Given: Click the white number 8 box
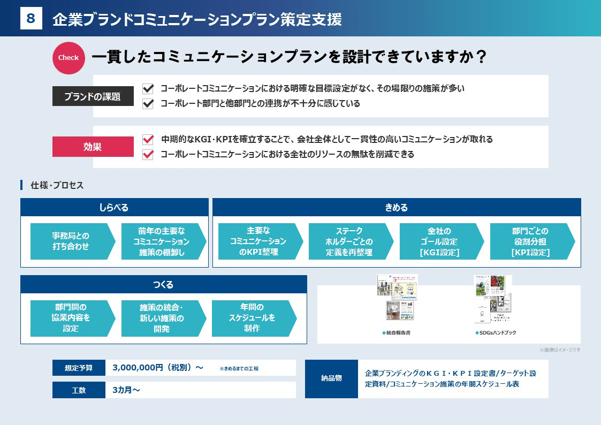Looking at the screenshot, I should (31, 19).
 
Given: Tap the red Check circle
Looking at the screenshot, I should (69, 58).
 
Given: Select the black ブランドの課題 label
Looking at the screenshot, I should (93, 97).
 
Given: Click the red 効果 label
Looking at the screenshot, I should (93, 147).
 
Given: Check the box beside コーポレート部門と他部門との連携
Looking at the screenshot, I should (148, 103).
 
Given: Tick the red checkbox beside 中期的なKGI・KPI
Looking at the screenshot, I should (148, 139).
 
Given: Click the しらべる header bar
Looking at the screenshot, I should (114, 207).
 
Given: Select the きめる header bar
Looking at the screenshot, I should (397, 207).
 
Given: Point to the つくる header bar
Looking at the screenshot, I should (163, 284).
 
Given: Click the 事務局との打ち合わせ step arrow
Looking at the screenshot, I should (71, 241).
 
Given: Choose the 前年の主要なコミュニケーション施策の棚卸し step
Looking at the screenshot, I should (162, 241).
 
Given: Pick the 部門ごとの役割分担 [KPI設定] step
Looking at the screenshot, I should (530, 241).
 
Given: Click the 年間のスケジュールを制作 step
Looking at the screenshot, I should (252, 318).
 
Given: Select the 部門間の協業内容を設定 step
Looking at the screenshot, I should (71, 318).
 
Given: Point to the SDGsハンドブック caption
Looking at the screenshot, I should (496, 333).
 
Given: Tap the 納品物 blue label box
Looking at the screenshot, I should (331, 378).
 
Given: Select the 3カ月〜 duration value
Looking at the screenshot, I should (126, 390).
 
